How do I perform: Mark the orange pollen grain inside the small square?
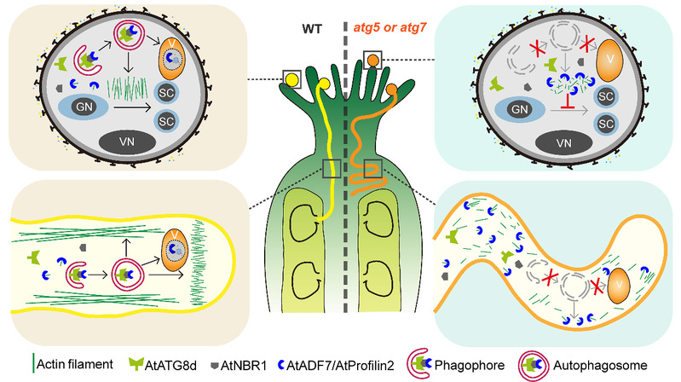372,60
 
